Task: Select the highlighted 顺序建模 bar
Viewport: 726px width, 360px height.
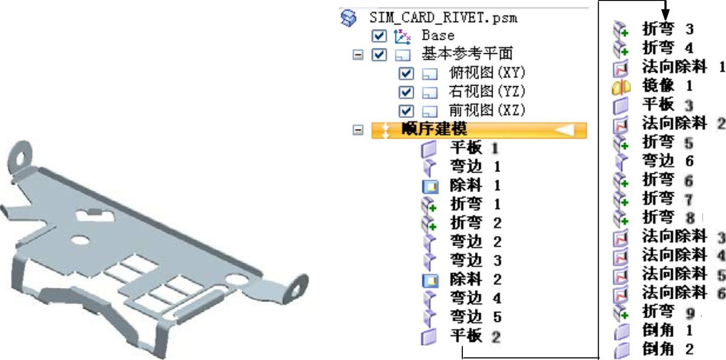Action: pos(479,130)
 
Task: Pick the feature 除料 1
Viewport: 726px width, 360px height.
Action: pos(475,185)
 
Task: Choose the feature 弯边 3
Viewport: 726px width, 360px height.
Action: pos(475,260)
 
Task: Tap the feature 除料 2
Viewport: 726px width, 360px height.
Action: pos(475,279)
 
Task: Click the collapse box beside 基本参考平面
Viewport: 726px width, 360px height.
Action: pos(358,54)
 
